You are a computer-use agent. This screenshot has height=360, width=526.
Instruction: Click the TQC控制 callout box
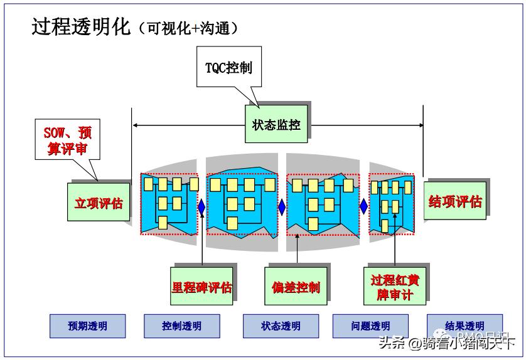228,68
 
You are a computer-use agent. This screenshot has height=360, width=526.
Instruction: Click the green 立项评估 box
98,203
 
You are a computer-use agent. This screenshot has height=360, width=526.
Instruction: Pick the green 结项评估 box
454,201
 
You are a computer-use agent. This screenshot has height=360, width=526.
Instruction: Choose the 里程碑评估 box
201,287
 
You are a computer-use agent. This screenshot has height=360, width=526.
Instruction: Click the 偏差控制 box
296,287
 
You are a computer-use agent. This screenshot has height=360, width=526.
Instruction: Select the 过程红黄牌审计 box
394,287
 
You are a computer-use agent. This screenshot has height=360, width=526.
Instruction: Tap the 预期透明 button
87,326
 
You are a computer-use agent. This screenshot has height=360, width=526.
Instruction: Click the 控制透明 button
182,326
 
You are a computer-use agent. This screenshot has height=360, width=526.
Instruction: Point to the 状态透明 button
281,326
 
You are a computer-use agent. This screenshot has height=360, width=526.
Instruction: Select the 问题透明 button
370,326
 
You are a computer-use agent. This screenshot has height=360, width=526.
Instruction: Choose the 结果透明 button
464,326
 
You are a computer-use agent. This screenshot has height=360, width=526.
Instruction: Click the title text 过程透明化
81,27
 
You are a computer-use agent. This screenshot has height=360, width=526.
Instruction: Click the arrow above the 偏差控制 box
296,248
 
